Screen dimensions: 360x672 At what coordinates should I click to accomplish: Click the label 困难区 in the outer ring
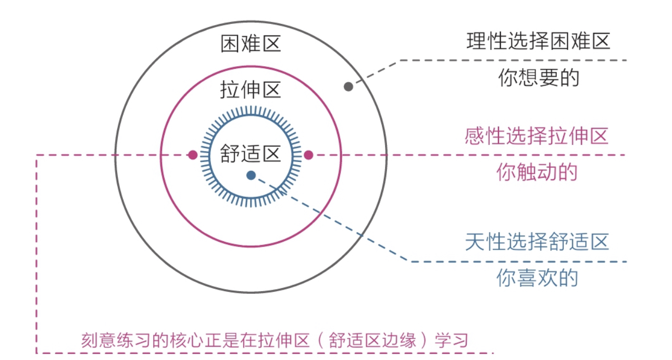(x=251, y=44)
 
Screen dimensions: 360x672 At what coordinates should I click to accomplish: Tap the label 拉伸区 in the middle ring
(x=251, y=90)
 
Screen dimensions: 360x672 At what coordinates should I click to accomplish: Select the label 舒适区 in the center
(x=251, y=154)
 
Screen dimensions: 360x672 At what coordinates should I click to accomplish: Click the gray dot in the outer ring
(x=349, y=86)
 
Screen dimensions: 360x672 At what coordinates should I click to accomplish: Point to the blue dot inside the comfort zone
(x=251, y=176)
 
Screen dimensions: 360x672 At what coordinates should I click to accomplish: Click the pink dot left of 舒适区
(x=193, y=155)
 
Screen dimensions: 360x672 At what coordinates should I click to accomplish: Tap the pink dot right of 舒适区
(x=308, y=155)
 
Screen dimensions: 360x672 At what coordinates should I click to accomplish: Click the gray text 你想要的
(x=538, y=78)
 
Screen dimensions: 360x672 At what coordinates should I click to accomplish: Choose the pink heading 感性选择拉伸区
(x=537, y=137)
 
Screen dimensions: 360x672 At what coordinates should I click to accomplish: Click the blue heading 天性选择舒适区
(x=537, y=242)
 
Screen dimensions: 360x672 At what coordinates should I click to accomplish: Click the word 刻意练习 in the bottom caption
(x=108, y=340)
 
